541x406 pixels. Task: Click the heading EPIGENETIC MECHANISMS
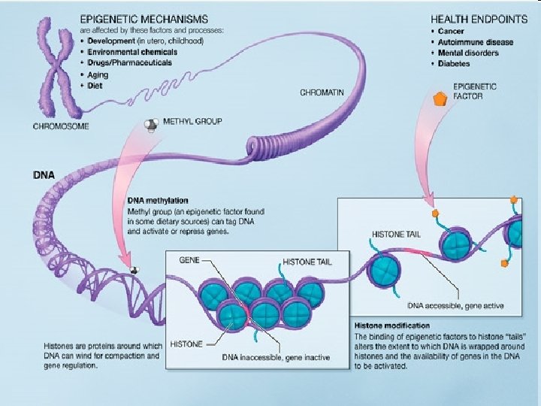tap(142, 17)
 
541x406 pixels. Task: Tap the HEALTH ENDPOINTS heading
tap(474, 17)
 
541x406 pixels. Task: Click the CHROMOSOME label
tap(61, 126)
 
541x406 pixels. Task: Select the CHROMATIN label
tap(322, 92)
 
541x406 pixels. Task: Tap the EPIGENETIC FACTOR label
tap(474, 92)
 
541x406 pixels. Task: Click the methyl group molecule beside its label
tap(152, 125)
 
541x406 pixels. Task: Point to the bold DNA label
tap(44, 174)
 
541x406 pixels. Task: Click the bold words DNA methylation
tap(157, 201)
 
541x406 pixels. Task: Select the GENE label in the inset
tap(189, 259)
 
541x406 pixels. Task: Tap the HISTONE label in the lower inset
tap(186, 344)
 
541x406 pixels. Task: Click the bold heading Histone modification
tap(391, 326)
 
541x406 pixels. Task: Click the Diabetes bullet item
tap(458, 63)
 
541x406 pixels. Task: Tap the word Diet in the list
tap(95, 85)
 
